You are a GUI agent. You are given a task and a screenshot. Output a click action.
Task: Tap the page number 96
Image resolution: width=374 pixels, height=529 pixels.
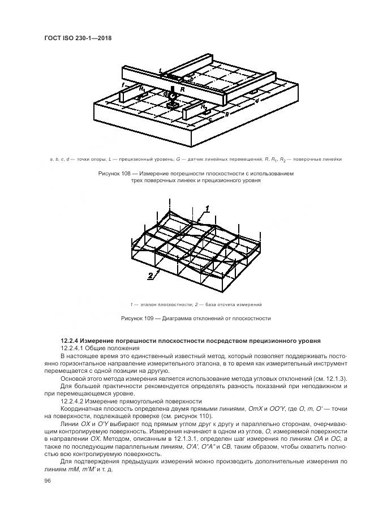pos(47,480)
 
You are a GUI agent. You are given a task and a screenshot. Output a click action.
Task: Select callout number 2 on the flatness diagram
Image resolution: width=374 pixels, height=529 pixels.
pos(150,276)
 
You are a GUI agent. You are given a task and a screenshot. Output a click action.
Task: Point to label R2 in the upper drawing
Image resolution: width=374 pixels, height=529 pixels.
pos(205,107)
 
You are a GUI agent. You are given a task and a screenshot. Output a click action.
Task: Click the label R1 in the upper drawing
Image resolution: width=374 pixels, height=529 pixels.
pos(144,89)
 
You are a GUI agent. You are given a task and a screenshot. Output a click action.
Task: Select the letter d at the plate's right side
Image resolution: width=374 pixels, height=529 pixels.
pos(257,101)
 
